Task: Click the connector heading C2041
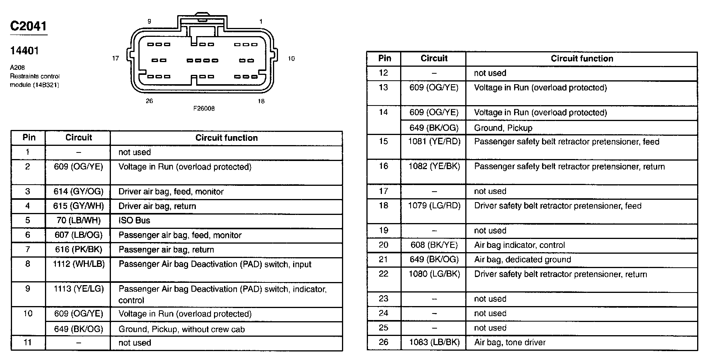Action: tap(28, 26)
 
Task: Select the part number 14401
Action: tap(24, 51)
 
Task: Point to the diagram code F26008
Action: tap(204, 109)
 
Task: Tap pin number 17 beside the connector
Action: tap(115, 59)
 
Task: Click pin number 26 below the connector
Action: tap(149, 101)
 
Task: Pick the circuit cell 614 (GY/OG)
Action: tap(78, 192)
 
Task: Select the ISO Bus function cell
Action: tap(134, 220)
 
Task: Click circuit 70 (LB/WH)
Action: tap(78, 221)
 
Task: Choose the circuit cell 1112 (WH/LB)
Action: tap(78, 264)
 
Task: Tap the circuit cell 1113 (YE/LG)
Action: tap(78, 289)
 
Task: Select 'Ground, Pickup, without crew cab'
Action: tap(181, 329)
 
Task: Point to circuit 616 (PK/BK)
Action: tap(78, 249)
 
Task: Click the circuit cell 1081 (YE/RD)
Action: tap(434, 142)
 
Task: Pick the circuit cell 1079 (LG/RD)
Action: tap(434, 206)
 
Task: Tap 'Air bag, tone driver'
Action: tap(509, 343)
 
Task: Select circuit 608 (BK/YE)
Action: tap(434, 245)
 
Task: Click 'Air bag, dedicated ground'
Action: tap(522, 260)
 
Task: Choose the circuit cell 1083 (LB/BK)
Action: tap(434, 342)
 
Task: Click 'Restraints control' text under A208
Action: tap(35, 76)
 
